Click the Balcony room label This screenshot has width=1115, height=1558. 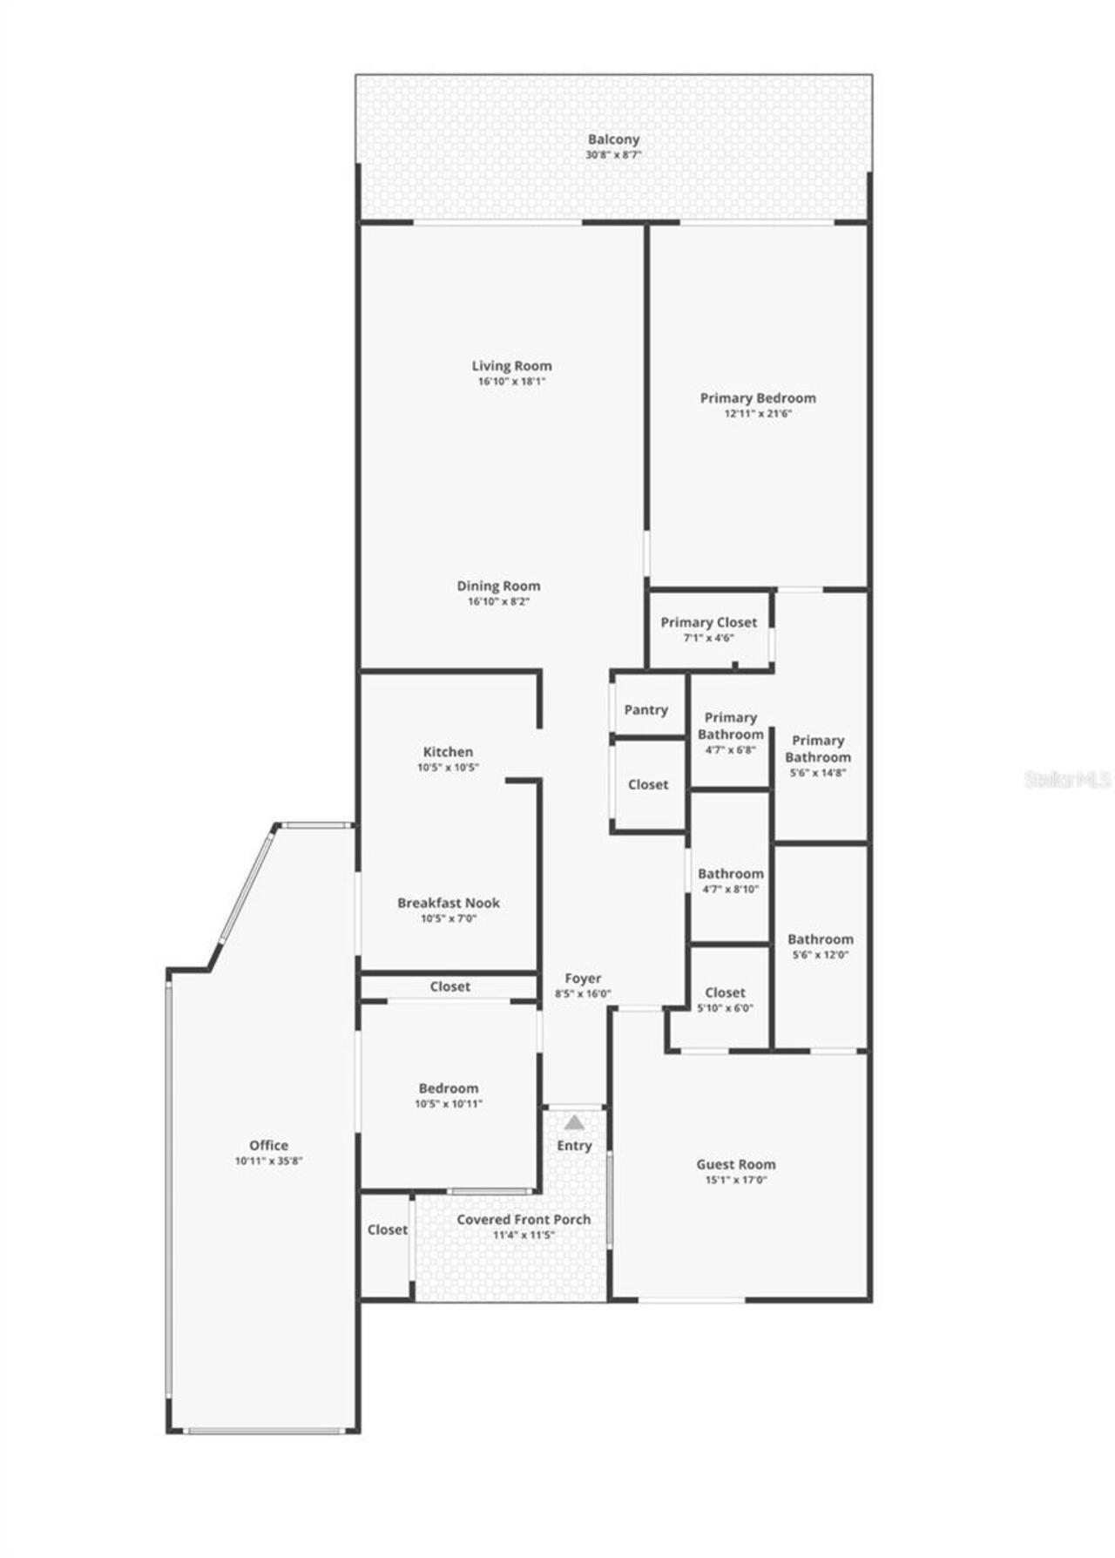point(613,139)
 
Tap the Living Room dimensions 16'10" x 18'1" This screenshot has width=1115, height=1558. point(511,382)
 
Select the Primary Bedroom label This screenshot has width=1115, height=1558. point(758,398)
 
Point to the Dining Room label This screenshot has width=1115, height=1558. point(498,586)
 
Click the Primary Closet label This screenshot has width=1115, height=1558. point(708,622)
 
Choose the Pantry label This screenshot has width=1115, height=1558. point(645,710)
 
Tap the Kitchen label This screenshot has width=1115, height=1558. point(448,752)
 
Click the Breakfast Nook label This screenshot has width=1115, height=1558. point(449,903)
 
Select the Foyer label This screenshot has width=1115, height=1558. point(583,979)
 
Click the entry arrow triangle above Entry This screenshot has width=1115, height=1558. point(574,1122)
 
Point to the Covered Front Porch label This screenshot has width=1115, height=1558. point(524,1220)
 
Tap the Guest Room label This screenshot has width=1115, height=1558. point(735,1164)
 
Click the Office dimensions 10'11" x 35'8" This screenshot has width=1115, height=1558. point(268,1161)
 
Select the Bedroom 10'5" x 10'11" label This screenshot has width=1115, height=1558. point(449,1088)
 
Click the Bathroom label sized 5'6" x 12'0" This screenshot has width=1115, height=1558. point(820,939)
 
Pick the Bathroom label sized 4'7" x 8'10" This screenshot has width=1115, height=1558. point(730,874)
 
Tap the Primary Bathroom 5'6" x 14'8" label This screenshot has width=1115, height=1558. point(817,749)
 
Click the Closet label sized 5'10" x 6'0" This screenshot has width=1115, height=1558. point(725,992)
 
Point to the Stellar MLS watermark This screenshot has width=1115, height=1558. point(1068,779)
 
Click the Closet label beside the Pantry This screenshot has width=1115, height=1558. point(648,784)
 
